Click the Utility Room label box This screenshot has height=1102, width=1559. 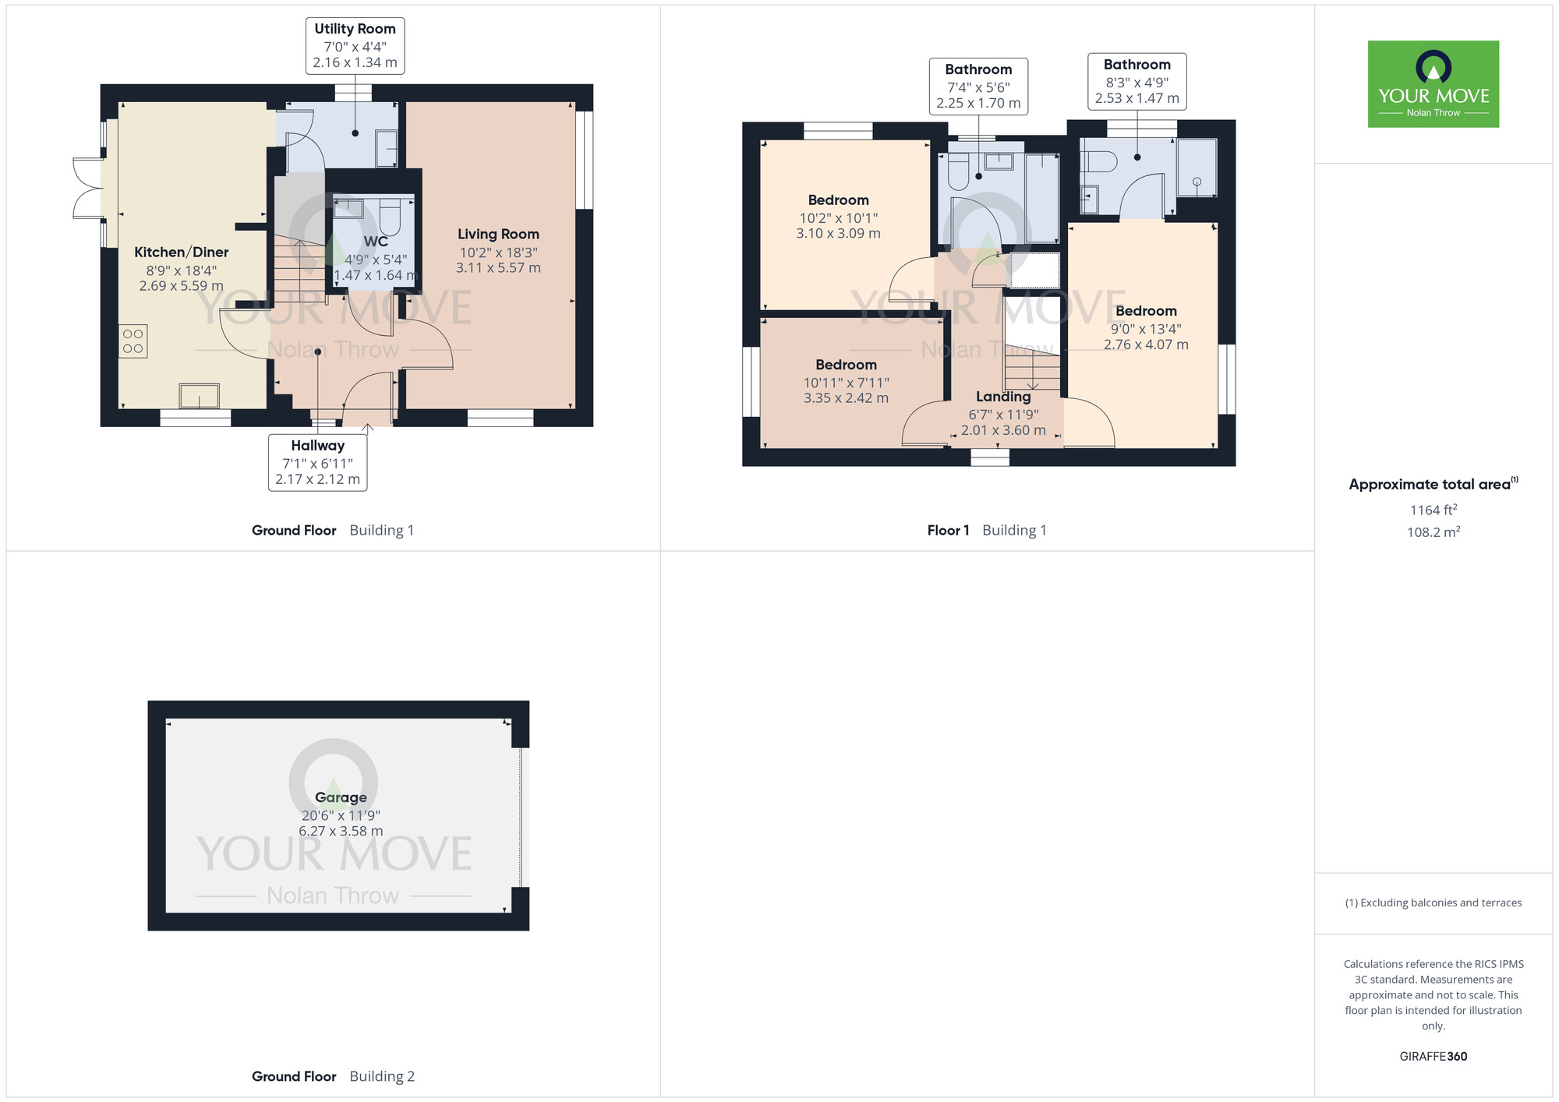(x=355, y=46)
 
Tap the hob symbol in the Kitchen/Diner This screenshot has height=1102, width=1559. (x=133, y=341)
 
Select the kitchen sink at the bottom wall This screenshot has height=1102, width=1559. (x=199, y=396)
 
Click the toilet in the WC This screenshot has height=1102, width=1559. (x=390, y=216)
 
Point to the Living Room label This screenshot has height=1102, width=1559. (x=498, y=234)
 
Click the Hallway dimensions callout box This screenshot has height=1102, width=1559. (x=317, y=462)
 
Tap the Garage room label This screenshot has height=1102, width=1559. (x=341, y=797)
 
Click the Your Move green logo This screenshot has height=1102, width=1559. (x=1433, y=84)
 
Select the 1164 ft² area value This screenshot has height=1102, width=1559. (x=1433, y=510)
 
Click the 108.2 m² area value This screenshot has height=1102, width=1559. (x=1433, y=532)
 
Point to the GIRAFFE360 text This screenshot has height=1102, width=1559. (x=1433, y=1057)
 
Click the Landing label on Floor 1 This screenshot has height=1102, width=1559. (x=1002, y=397)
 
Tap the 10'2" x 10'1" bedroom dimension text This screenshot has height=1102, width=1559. (x=838, y=218)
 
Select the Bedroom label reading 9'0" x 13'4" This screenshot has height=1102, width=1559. (x=1145, y=311)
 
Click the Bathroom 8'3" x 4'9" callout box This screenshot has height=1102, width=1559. (x=1137, y=81)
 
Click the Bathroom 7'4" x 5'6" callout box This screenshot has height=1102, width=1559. (x=978, y=86)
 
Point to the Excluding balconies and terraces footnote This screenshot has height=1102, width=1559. (x=1433, y=902)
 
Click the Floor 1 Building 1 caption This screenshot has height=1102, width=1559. (x=986, y=531)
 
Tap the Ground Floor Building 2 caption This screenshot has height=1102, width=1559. (x=333, y=1076)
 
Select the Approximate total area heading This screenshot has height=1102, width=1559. (x=1433, y=484)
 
